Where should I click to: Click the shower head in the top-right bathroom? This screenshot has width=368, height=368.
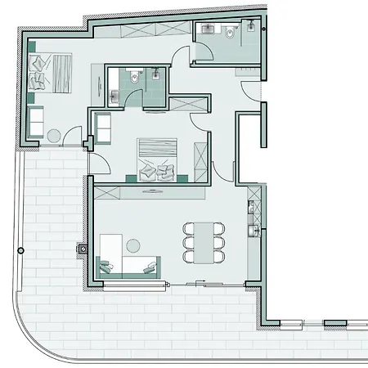point(249,25)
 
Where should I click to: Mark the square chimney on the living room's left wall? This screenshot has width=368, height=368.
point(82,246)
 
